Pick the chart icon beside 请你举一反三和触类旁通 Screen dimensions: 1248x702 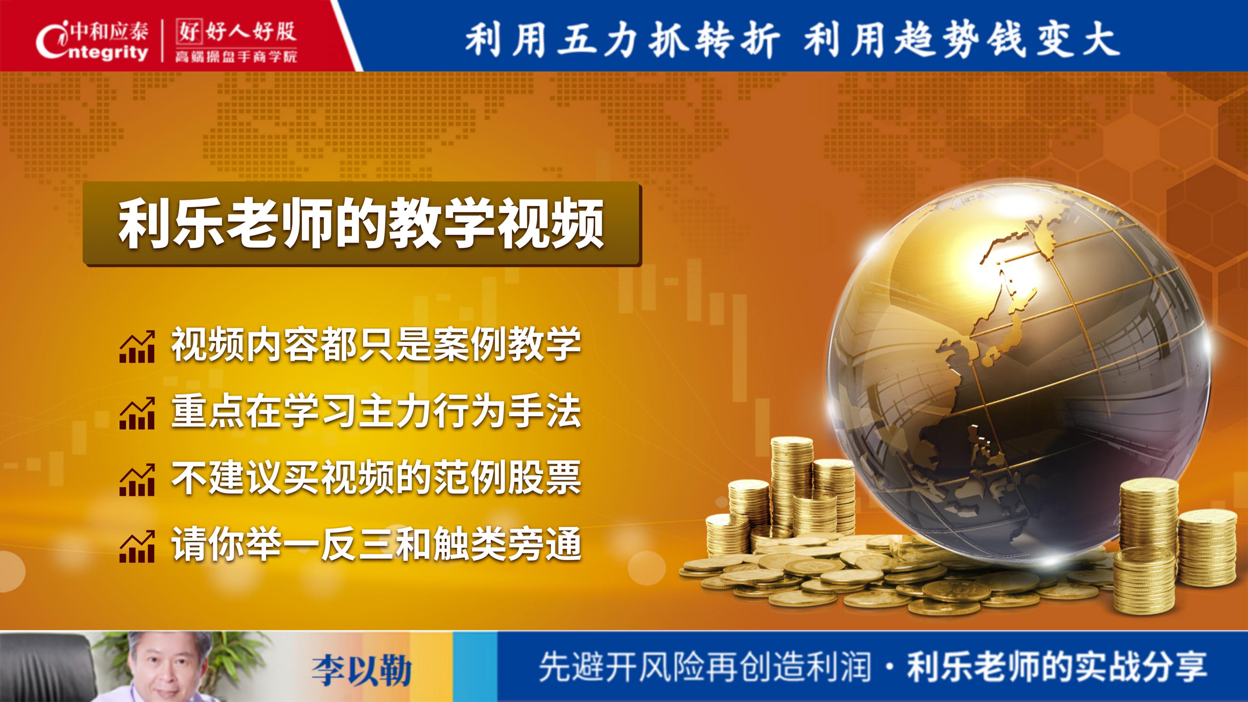click(x=137, y=546)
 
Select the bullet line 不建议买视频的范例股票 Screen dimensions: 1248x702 click(x=376, y=479)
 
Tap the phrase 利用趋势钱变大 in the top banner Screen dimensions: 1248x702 click(x=961, y=39)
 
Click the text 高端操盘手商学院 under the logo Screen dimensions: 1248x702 click(x=236, y=57)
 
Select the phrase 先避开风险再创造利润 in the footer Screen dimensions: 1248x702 click(x=705, y=668)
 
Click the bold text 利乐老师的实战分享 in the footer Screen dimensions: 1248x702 click(x=1056, y=668)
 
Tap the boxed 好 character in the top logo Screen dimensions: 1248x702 click(x=188, y=32)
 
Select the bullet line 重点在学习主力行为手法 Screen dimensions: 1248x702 click(x=376, y=412)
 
